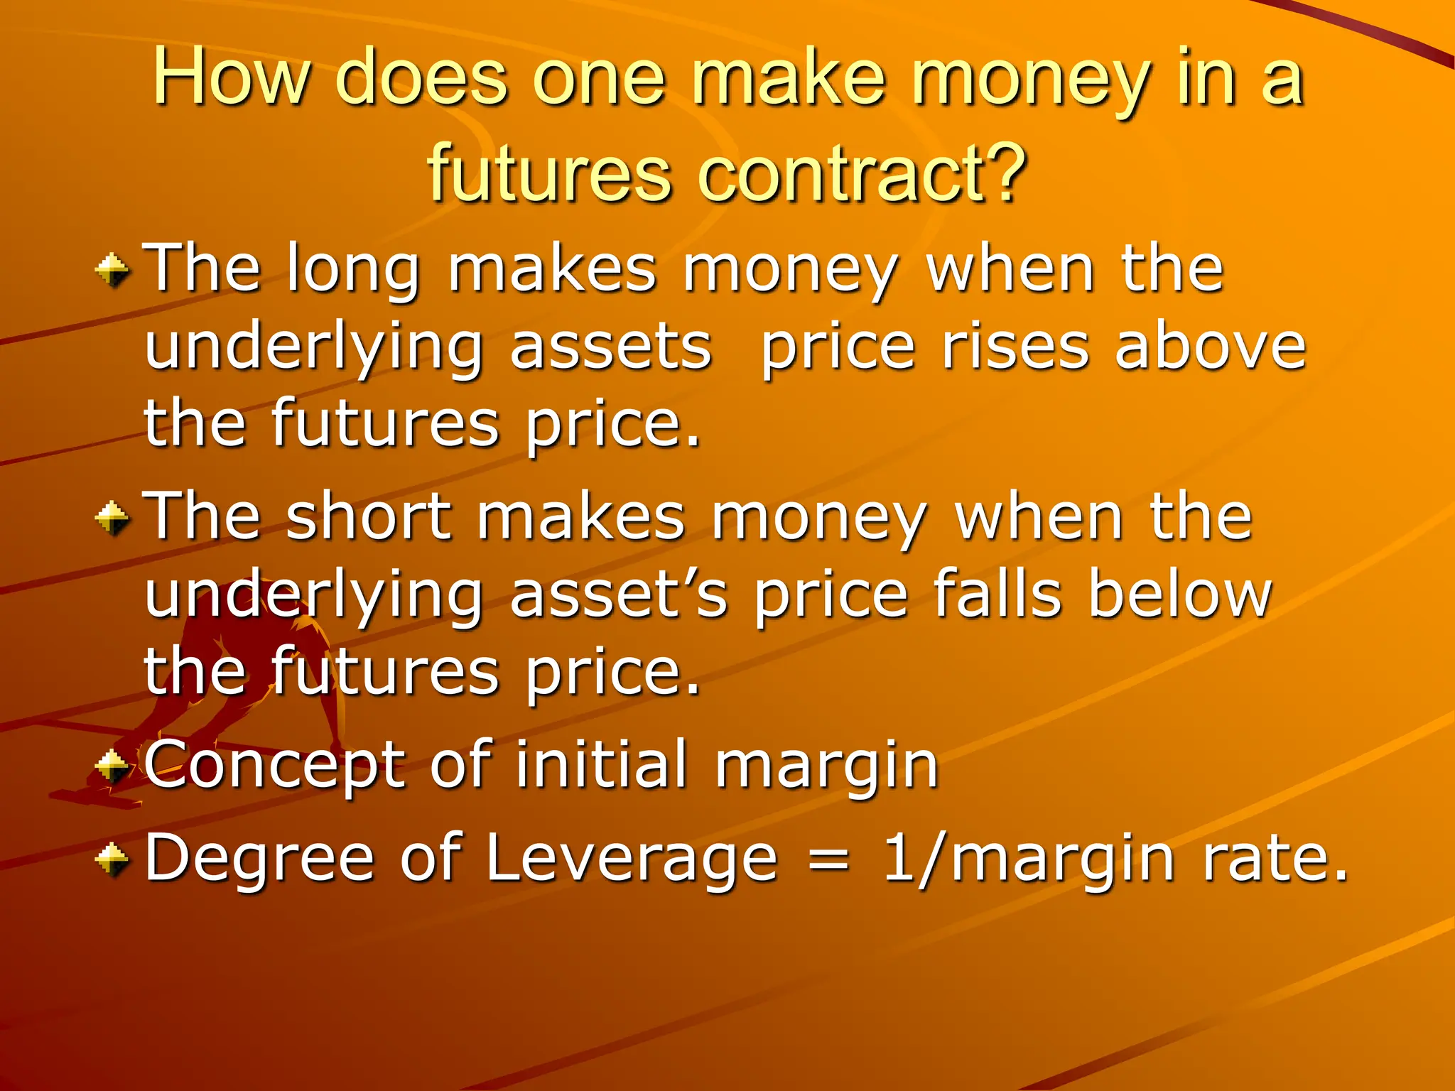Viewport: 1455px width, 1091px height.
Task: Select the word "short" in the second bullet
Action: pos(369,519)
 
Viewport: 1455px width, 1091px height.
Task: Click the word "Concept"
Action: pos(274,766)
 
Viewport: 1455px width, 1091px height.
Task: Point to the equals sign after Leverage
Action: pos(828,860)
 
